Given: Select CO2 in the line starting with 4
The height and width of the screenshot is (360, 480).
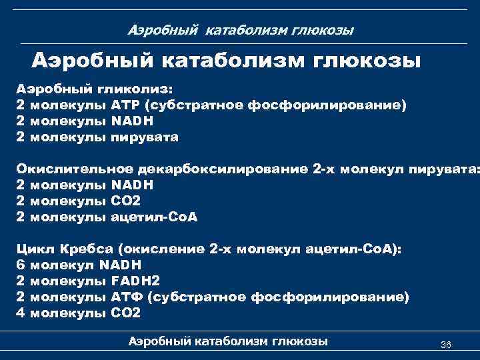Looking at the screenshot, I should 126,313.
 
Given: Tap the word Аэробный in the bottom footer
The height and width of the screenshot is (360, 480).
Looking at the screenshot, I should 159,341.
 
